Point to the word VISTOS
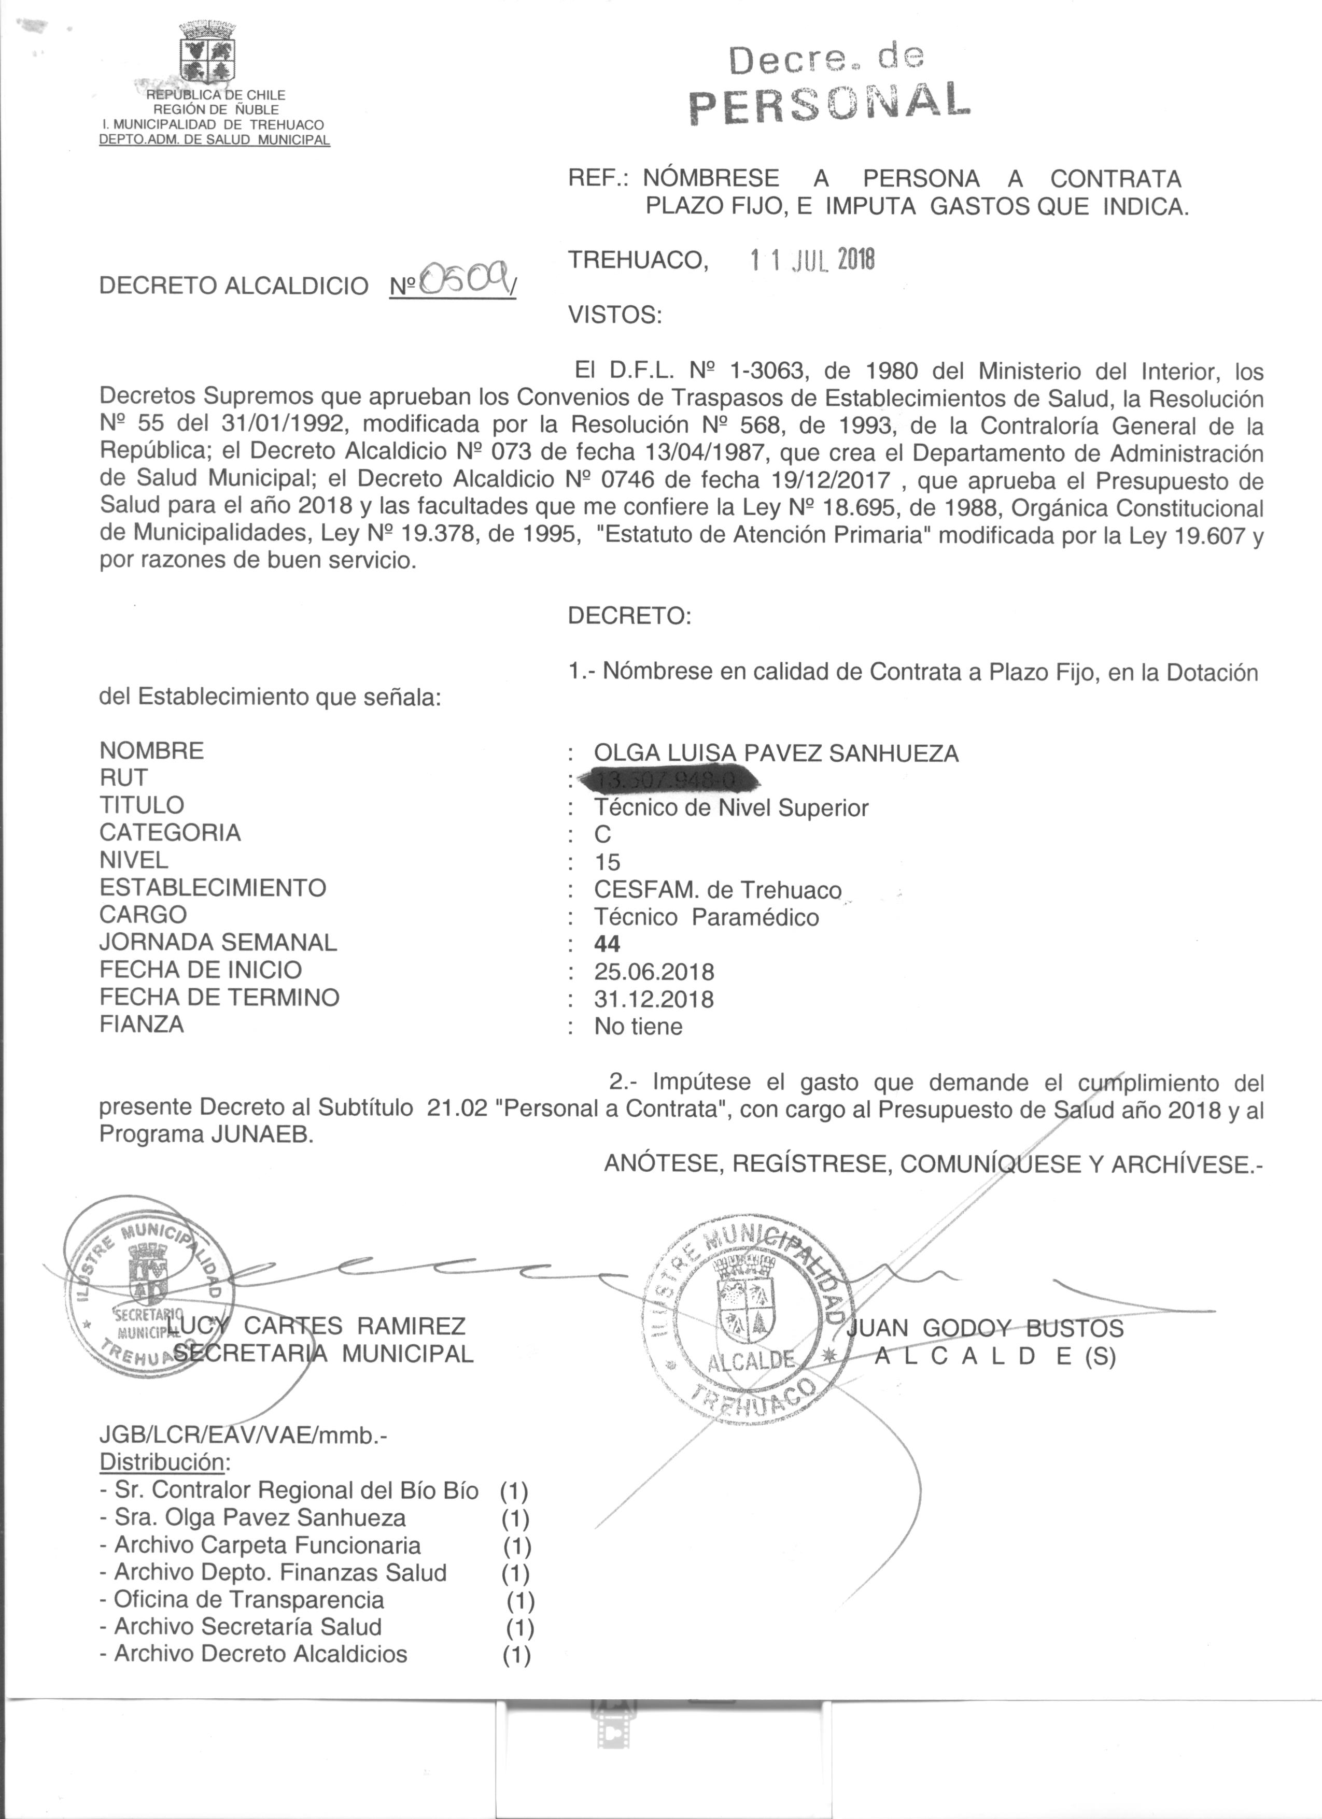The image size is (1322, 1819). [x=614, y=315]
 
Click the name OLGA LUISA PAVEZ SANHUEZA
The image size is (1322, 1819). [x=776, y=753]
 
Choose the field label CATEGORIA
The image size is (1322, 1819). [x=170, y=832]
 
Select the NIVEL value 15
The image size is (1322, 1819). [x=607, y=862]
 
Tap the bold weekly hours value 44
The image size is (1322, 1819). [x=607, y=944]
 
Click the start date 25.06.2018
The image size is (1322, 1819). [x=654, y=972]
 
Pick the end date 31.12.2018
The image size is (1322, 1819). [x=654, y=999]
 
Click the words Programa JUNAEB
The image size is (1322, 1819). [x=205, y=1135]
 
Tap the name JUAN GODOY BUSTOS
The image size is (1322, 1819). [x=985, y=1328]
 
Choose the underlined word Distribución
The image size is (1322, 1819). [x=162, y=1461]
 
